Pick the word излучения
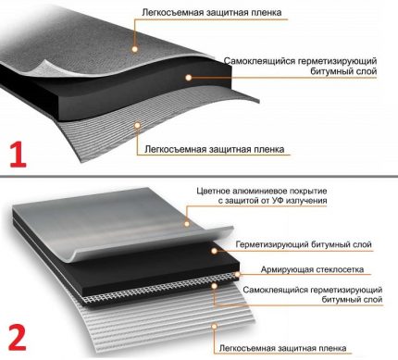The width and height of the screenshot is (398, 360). [x=306, y=201]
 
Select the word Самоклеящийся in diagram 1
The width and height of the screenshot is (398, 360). [x=259, y=61]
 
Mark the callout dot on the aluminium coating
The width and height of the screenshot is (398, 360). [x=187, y=223]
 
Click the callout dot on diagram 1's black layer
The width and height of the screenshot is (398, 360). [x=189, y=78]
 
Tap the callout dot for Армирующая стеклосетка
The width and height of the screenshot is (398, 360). [x=237, y=274]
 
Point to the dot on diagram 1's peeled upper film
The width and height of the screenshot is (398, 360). [x=134, y=49]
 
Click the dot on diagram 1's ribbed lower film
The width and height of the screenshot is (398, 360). [x=137, y=125]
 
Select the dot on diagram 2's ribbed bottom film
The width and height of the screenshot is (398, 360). [x=215, y=326]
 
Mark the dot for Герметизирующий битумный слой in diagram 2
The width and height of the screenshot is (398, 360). [x=214, y=251]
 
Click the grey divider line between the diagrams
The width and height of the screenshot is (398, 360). [x=199, y=176]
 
